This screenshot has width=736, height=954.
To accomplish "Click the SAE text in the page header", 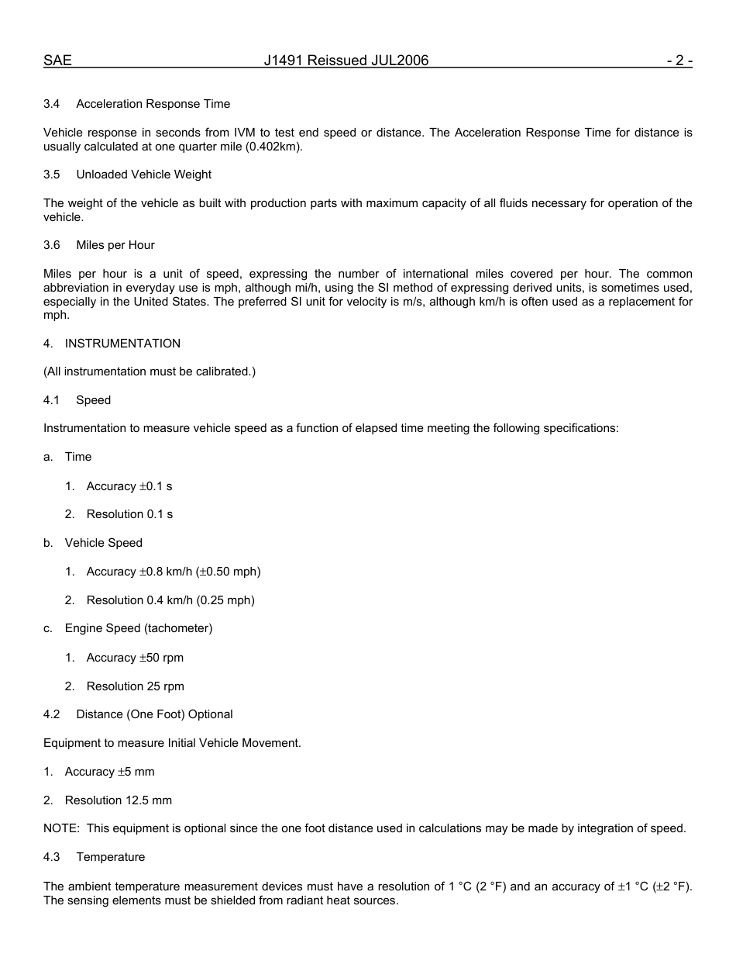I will point(57,60).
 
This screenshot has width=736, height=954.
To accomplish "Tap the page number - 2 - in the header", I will point(679,60).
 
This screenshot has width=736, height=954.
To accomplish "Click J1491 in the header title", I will point(284,60).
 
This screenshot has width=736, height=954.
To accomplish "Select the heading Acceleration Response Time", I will point(153,104).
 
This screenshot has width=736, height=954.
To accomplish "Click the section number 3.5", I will point(52,175).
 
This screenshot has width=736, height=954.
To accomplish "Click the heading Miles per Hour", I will point(115,245).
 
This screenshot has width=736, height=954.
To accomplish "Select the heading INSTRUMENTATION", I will point(122,344).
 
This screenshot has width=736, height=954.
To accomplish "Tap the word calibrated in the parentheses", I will point(225,372).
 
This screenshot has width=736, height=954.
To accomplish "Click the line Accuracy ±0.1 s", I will point(129,486).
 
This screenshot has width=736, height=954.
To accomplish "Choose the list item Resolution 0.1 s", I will point(129,514).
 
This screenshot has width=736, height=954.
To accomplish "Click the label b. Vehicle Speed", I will point(93,543).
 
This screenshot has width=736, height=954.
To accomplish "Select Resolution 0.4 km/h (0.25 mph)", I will point(170,600).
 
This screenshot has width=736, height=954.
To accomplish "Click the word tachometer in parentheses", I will point(177,628).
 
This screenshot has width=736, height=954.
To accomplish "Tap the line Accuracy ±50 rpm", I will point(135,658).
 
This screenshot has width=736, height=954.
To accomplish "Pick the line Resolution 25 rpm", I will point(135,686).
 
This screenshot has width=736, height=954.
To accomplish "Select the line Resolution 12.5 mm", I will point(118,800).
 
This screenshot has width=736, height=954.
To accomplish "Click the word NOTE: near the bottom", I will point(61,828).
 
